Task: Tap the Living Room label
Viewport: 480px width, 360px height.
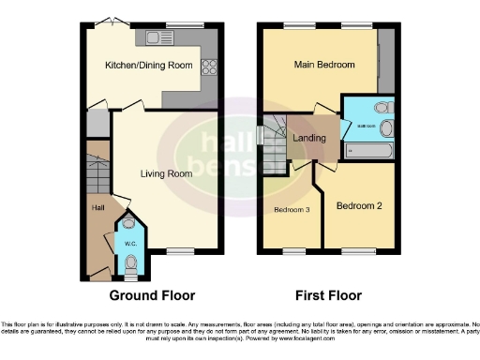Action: [x=166, y=173]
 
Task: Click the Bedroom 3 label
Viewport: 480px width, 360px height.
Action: [x=292, y=209]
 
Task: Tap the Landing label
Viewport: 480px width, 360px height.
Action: [x=309, y=139]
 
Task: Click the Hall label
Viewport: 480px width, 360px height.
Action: [x=97, y=207]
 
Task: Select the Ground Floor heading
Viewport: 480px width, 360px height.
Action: [x=153, y=294]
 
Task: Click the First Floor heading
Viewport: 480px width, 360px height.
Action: [x=327, y=294]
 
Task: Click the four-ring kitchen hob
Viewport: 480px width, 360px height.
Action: [x=209, y=67]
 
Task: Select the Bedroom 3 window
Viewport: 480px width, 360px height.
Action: [x=293, y=250]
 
